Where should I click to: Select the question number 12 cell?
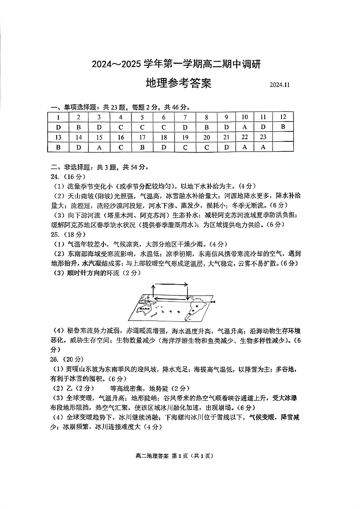tap(283, 117)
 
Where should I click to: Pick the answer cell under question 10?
tap(245, 127)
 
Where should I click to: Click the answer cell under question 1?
tap(58, 127)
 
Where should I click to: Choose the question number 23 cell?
tap(263, 137)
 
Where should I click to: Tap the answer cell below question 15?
tap(100, 147)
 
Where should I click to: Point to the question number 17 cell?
tap(142, 137)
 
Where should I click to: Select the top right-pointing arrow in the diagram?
tap(171, 285)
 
